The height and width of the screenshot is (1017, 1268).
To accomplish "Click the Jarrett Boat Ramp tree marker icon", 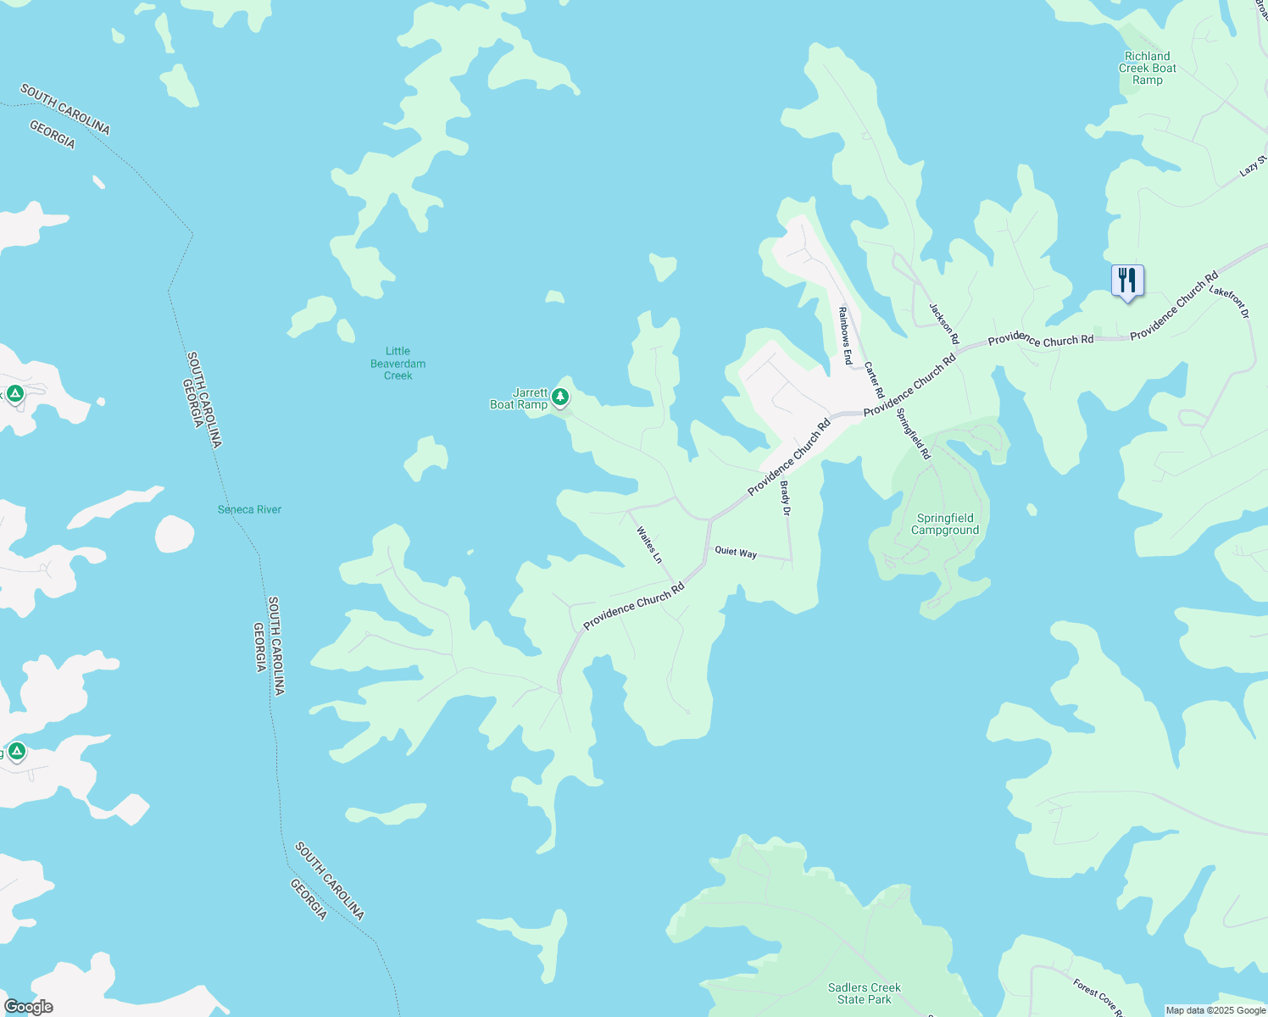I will point(559,396).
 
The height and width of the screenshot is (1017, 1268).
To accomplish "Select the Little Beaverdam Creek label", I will point(398,364).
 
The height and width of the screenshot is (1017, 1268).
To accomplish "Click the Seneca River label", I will point(249,509).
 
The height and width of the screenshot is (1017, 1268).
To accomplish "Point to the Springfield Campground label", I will point(945,524).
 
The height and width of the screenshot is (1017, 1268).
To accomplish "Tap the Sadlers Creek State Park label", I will point(865,993).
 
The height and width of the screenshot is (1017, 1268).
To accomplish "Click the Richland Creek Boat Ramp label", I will point(1148,68).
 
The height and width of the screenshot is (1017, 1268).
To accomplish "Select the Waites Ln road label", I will point(649,545).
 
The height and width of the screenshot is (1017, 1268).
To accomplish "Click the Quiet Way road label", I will point(736,552).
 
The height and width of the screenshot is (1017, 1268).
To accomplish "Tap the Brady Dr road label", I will point(786,498).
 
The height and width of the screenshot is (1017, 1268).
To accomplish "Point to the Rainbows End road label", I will point(845,336).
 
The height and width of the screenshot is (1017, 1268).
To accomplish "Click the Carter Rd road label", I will point(874,381).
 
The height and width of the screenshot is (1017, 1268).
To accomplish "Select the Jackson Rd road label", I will point(943,324).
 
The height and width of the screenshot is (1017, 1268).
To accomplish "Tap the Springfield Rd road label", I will point(914,434).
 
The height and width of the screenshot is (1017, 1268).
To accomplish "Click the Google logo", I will point(28,1007).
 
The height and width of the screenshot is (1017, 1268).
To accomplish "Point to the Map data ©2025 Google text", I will point(1215,1010).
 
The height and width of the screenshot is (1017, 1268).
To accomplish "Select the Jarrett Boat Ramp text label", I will point(520,399).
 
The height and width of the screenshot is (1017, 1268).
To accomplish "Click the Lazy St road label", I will point(1253,166).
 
